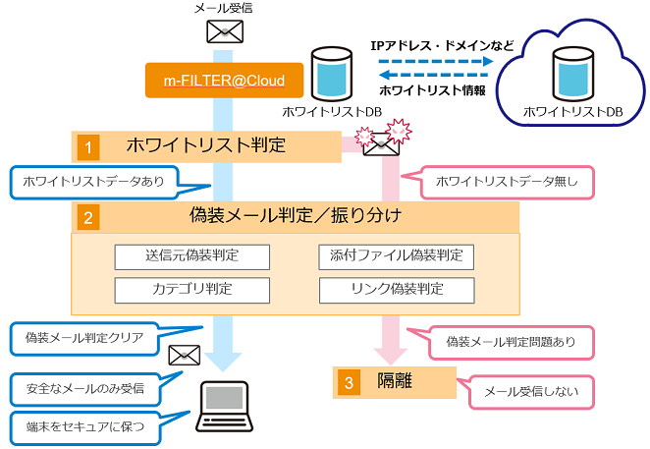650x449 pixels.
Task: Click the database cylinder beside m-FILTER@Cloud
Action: [x=331, y=74]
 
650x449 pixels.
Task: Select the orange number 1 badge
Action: [x=87, y=147]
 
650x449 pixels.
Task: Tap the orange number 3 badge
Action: [x=349, y=381]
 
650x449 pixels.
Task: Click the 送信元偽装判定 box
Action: [x=191, y=257]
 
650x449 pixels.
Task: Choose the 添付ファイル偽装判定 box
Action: [x=397, y=257]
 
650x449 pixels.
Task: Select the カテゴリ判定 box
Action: [x=191, y=290]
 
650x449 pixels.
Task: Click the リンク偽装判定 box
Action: [x=397, y=290]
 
